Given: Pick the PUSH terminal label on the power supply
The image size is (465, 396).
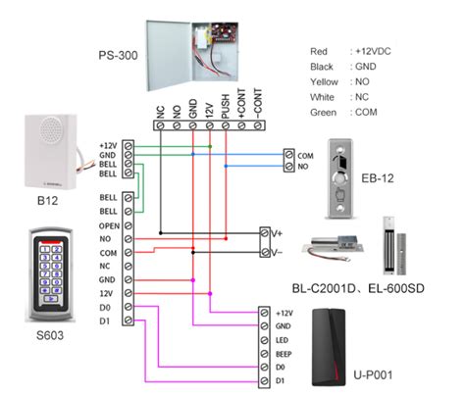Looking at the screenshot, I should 226,102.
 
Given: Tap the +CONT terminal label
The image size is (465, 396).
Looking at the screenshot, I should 241,99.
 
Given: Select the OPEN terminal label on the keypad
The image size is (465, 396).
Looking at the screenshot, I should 109,224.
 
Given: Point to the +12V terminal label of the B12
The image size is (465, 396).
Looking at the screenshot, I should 108,145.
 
